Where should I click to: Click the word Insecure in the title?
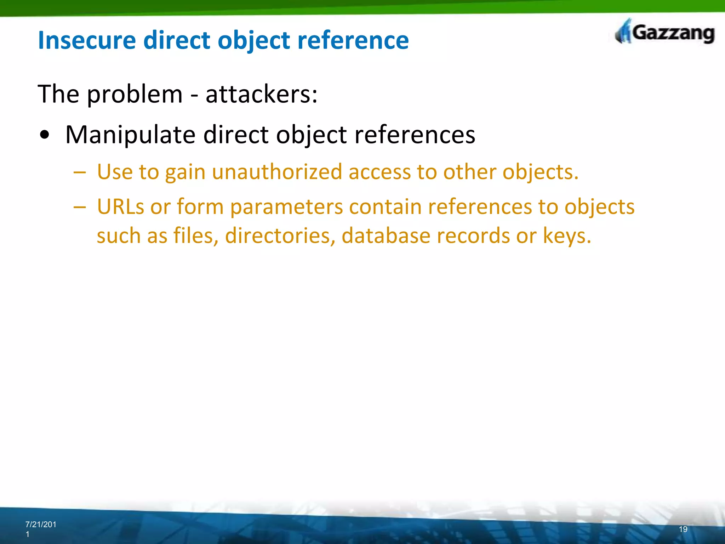pyautogui.click(x=87, y=40)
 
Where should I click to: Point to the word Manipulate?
pyautogui.click(x=130, y=135)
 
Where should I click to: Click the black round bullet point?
pyautogui.click(x=45, y=135)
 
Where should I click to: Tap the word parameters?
pyautogui.click(x=286, y=207)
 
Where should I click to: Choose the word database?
pyautogui.click(x=386, y=236)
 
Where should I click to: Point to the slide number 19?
pyautogui.click(x=683, y=529)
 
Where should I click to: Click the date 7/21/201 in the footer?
pyautogui.click(x=41, y=525)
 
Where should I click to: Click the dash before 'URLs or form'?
pyautogui.click(x=80, y=207)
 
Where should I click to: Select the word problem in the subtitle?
pyautogui.click(x=135, y=95)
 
